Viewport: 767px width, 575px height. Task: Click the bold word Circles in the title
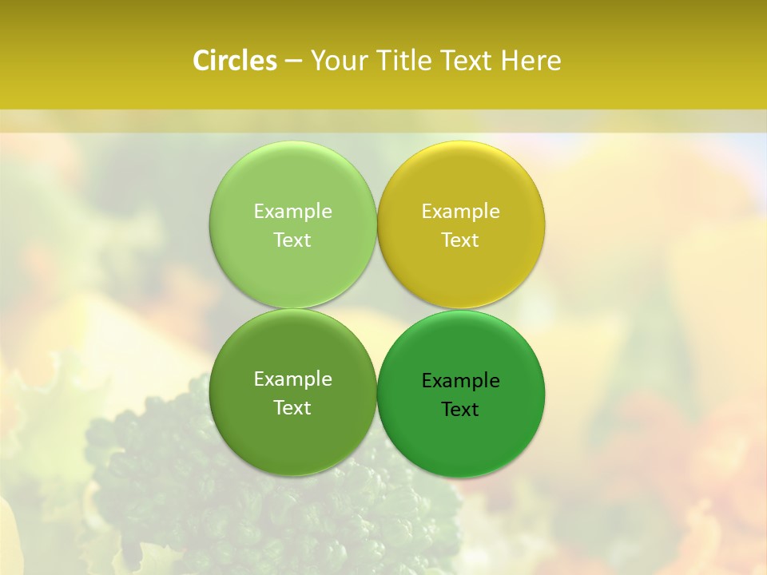pos(235,61)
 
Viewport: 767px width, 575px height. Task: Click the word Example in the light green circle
pos(292,211)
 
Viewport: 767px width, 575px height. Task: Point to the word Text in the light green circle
pos(292,240)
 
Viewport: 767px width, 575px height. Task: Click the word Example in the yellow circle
pos(461,211)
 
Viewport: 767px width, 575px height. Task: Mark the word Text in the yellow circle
pos(461,240)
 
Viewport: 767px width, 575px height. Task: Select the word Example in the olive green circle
pos(292,379)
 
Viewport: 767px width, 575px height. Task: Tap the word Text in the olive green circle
pos(292,407)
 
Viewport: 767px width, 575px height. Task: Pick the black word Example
pos(461,380)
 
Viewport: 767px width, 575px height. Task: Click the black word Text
pos(461,409)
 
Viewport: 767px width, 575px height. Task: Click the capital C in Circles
pos(201,61)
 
